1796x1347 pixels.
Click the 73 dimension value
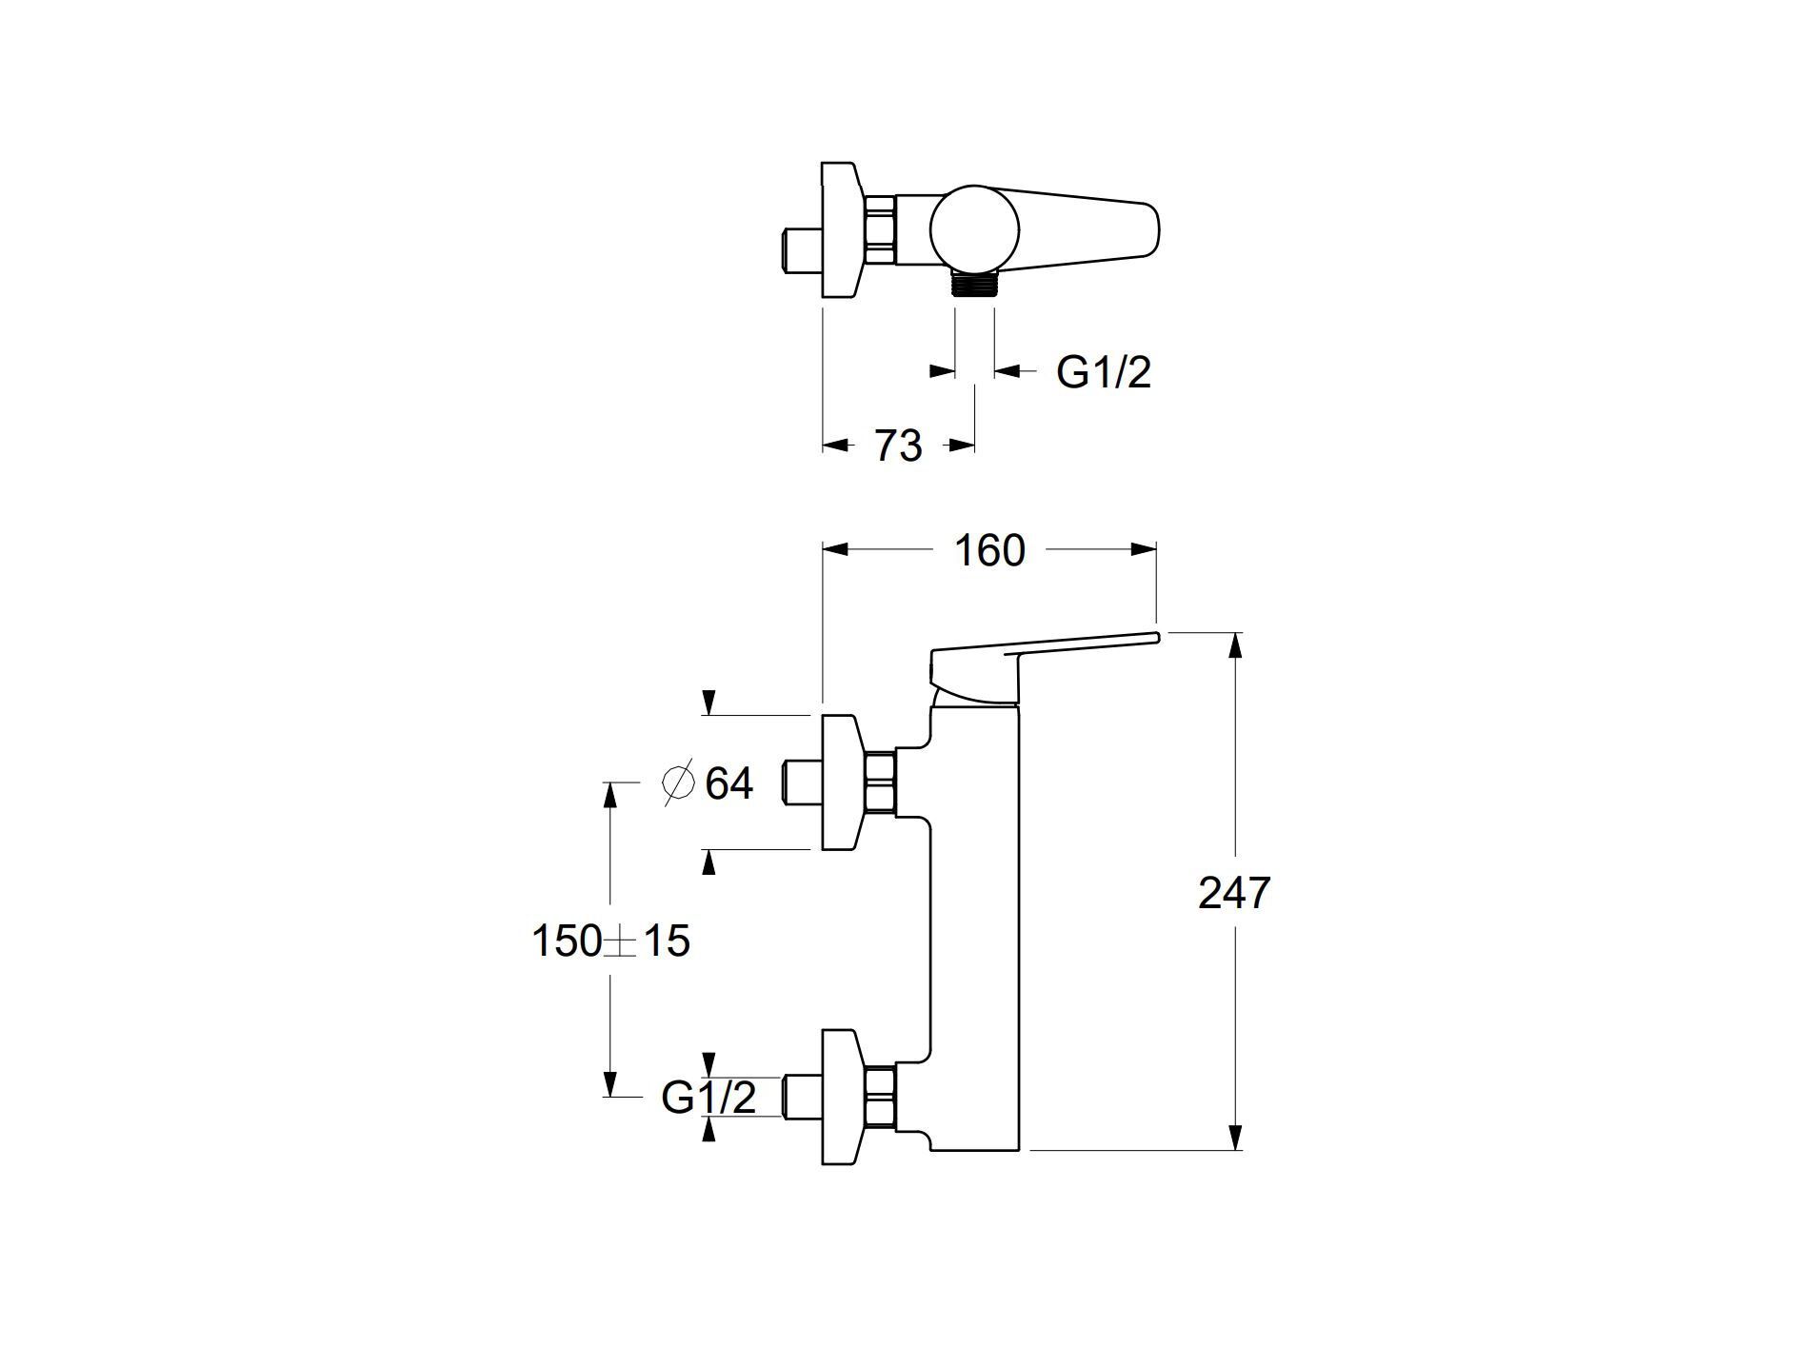(x=898, y=446)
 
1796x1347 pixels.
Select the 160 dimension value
(x=989, y=550)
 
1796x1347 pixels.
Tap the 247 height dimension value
(x=1234, y=893)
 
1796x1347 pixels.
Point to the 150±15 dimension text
(x=610, y=941)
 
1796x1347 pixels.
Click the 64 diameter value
(x=729, y=783)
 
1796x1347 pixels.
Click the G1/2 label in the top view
(x=1104, y=371)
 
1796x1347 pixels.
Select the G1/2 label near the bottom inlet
(x=708, y=1098)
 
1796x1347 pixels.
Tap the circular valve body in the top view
(x=974, y=228)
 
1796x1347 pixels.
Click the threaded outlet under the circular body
(x=974, y=283)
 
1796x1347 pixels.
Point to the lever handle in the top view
(x=1095, y=228)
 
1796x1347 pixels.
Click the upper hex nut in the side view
(x=880, y=782)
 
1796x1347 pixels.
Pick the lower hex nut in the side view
(x=880, y=1097)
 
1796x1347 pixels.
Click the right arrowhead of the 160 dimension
(x=1143, y=549)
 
